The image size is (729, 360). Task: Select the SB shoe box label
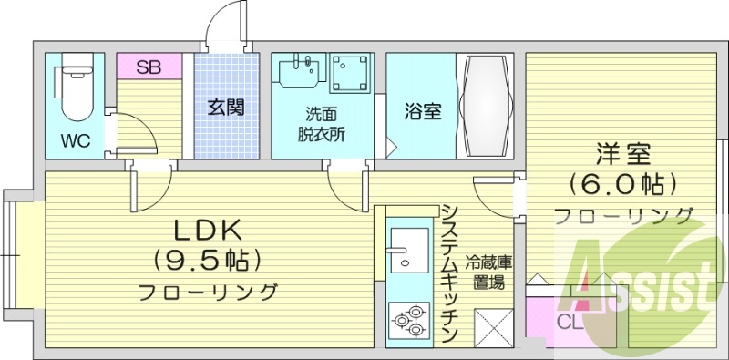coord(149,67)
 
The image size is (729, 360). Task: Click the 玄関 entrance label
coord(225,108)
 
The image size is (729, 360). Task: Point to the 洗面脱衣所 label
coord(322,125)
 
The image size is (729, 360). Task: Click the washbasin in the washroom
coord(300,72)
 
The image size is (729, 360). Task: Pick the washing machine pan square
coord(349,72)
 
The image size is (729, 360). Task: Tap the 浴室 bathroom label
coord(423,111)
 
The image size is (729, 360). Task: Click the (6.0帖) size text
coord(623,185)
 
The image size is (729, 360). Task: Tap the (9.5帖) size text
coord(207,261)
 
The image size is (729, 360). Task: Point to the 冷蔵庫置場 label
coord(490,271)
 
